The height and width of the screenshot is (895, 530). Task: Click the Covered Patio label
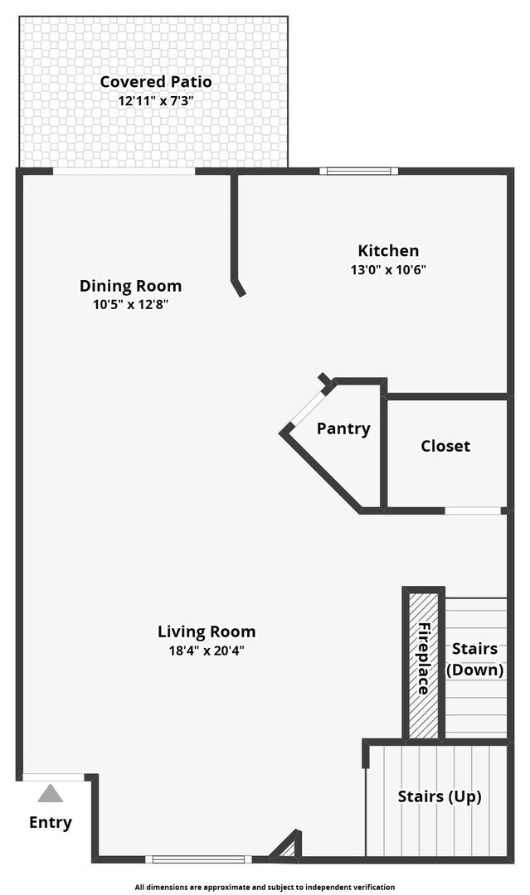point(155,82)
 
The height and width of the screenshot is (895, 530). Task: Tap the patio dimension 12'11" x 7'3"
point(155,101)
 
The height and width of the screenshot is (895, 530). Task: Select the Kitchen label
point(388,250)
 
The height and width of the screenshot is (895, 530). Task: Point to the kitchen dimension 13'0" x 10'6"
point(388,269)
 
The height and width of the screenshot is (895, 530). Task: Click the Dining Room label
point(130,286)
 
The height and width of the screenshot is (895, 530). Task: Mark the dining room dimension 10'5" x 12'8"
point(130,304)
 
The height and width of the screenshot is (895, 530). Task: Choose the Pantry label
point(343,428)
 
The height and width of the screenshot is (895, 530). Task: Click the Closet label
point(445,446)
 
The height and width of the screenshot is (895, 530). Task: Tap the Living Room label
point(207,631)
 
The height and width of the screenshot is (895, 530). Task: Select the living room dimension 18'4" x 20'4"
point(207,651)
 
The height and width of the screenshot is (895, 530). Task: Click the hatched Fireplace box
point(423,663)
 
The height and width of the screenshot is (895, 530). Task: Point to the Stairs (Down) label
point(475,659)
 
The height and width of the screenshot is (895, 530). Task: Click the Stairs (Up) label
point(440,796)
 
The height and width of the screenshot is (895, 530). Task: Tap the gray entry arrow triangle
point(51,795)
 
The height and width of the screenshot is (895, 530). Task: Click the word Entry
point(51,823)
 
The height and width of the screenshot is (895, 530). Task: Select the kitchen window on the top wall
point(359,172)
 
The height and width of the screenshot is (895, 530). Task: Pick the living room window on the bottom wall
point(198,859)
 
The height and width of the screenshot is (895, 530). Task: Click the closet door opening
point(473,510)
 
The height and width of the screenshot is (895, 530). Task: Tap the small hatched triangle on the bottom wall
point(285,849)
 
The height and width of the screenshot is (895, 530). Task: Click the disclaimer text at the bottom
point(265,887)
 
